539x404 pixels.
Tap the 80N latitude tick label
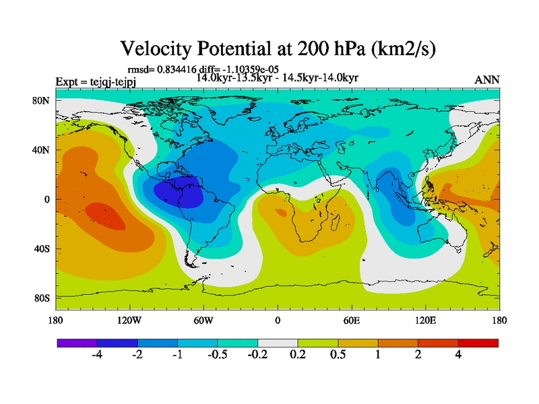pos(41,100)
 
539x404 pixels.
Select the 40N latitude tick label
pos(41,150)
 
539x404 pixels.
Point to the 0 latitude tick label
pos(46,199)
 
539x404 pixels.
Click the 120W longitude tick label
pos(129,320)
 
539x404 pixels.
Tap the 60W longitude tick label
pos(203,320)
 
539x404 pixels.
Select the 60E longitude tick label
pos(351,320)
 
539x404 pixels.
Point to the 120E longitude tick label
pos(425,320)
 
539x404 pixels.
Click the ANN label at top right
pos(487,79)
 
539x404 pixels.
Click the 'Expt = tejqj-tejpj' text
pos(98,82)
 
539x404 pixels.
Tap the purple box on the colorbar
pos(77,343)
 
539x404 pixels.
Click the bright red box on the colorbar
pos(478,343)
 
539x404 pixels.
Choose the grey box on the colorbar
pos(278,343)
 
